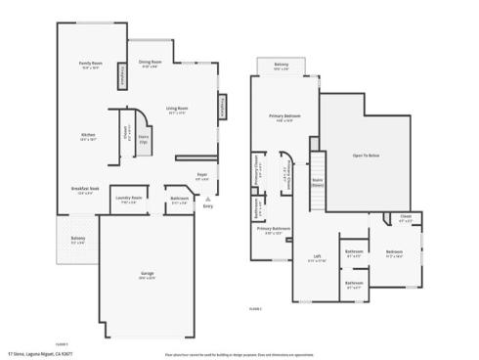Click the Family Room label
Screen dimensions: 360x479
tap(91, 65)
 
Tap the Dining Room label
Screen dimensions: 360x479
tap(149, 65)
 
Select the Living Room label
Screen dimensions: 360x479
tap(177, 110)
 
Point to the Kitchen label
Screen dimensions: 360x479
tap(88, 137)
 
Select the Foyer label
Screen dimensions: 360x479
tap(200, 178)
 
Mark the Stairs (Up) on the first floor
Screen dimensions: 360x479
tap(143, 140)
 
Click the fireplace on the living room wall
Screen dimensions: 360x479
tap(221, 106)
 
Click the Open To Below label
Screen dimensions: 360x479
tap(367, 154)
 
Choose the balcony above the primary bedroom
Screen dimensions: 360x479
tap(282, 67)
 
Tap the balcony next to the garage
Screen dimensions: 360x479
tap(78, 240)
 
